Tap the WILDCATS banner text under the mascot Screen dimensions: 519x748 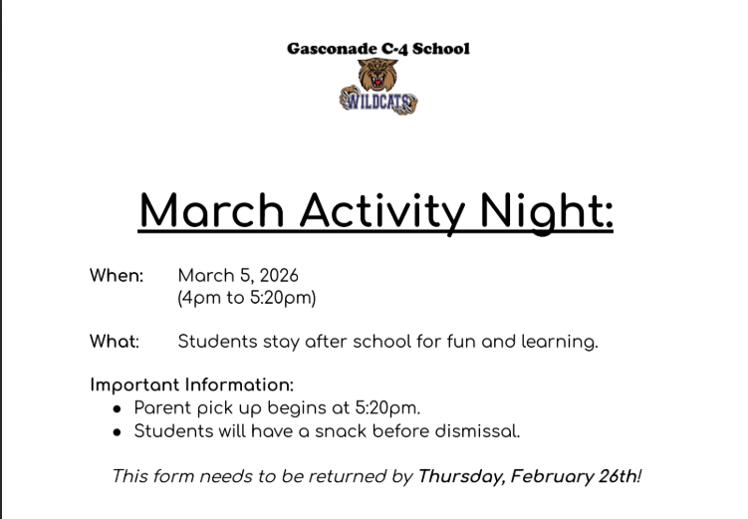point(378,101)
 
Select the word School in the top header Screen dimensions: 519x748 point(441,48)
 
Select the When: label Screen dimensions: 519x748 point(117,276)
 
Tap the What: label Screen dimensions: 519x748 point(115,342)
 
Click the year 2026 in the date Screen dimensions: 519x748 point(277,276)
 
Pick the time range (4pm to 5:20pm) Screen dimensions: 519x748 point(246,298)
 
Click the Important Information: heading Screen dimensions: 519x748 point(192,385)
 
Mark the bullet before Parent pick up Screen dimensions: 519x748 point(118,408)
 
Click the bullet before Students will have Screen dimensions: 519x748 point(118,432)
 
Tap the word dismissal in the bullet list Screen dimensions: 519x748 point(480,431)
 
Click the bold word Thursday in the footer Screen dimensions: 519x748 point(460,476)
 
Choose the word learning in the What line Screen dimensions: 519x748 point(560,342)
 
